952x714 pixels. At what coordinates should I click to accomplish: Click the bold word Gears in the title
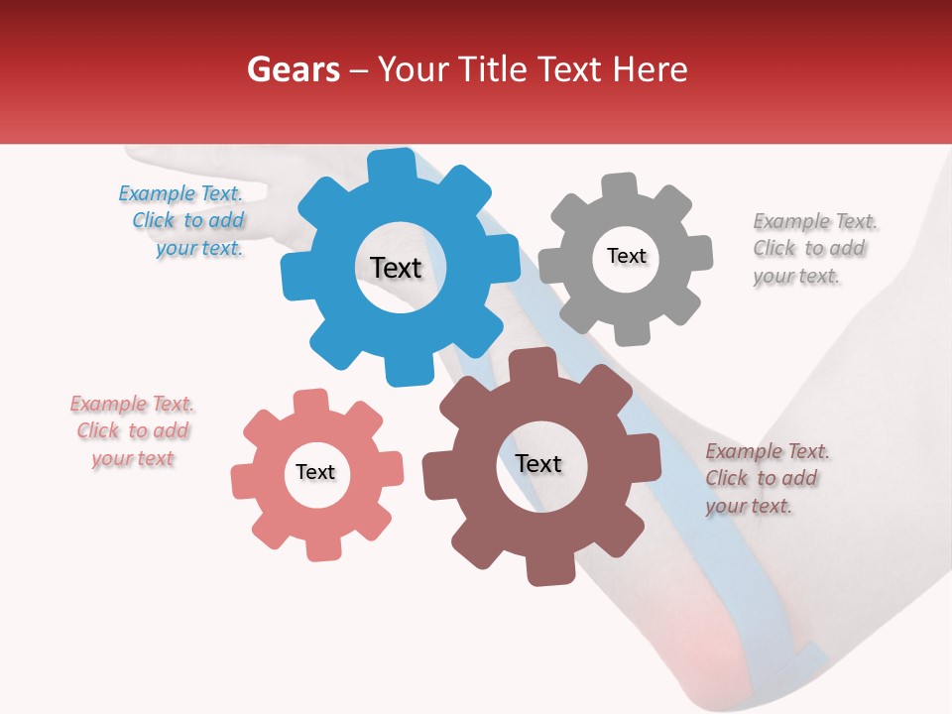point(293,69)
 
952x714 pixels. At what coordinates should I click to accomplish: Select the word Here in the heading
point(650,69)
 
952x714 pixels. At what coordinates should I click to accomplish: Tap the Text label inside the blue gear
point(396,268)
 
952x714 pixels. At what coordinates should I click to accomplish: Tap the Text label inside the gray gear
point(626,256)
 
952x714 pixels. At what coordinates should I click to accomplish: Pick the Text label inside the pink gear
point(315,473)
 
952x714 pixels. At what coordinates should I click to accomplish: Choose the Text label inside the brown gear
point(538,464)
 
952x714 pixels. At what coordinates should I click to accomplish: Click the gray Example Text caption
point(812,249)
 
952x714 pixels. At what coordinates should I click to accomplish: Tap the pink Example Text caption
point(133,431)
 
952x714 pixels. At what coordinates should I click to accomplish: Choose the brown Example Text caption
point(765,479)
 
